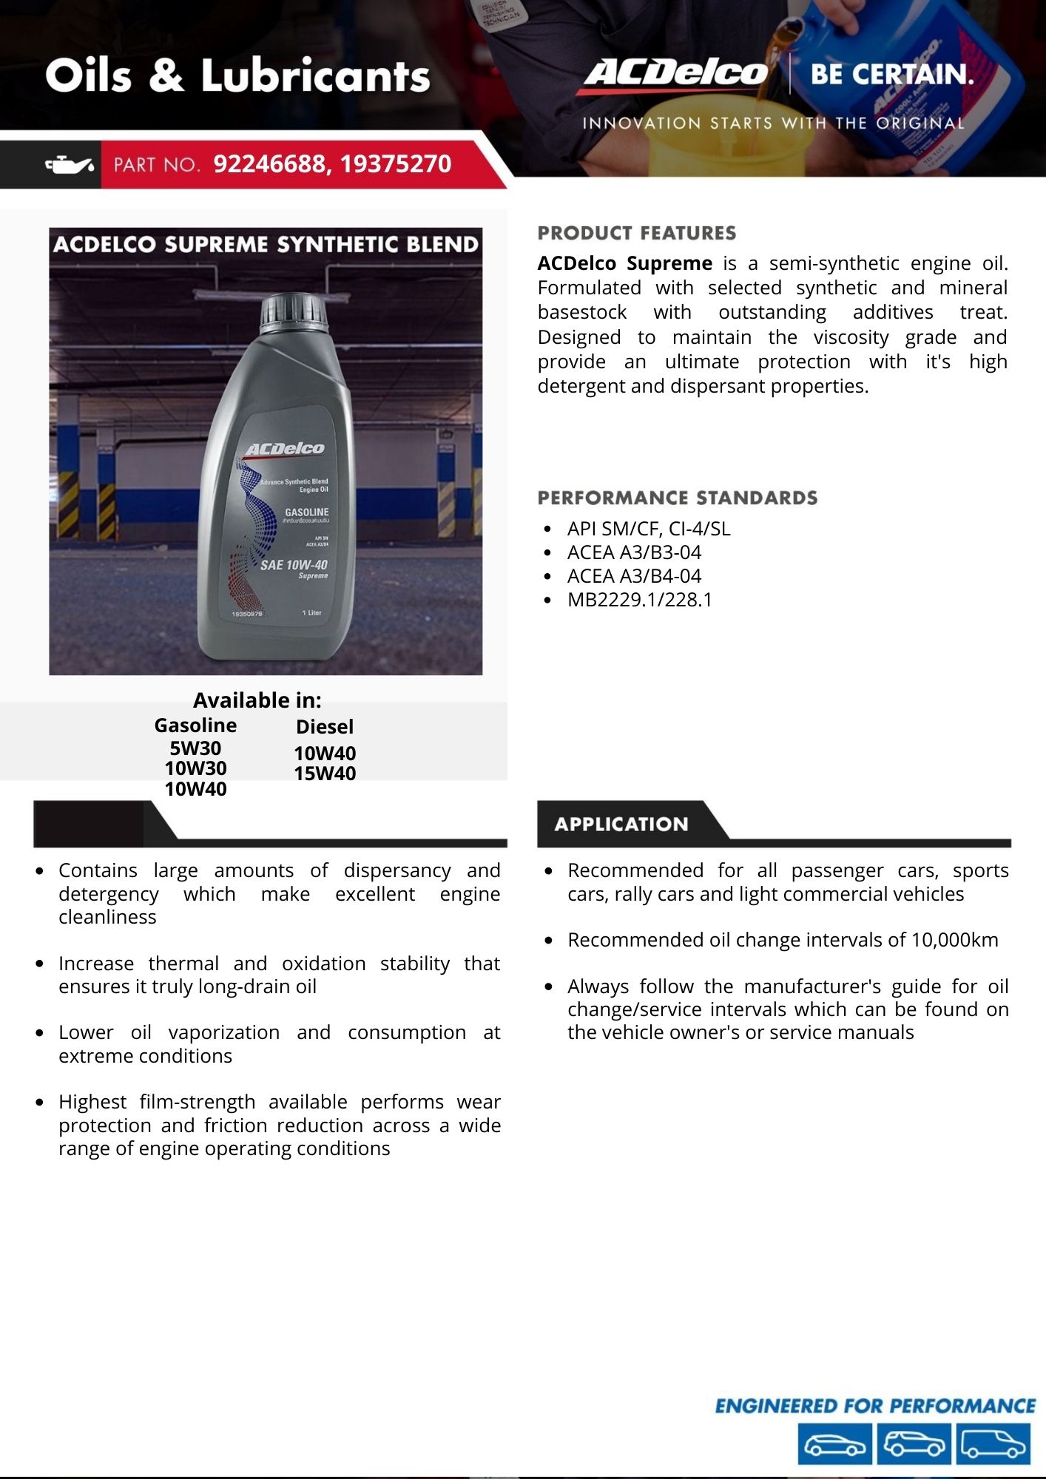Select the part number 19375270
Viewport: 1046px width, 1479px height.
click(x=395, y=164)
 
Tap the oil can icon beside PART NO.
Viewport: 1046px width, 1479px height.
click(x=70, y=165)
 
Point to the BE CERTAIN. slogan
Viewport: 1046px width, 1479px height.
click(x=891, y=75)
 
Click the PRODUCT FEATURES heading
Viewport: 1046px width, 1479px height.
click(x=636, y=233)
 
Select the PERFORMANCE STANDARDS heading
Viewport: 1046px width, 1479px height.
click(x=677, y=498)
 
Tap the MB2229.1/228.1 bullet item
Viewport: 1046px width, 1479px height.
click(x=639, y=600)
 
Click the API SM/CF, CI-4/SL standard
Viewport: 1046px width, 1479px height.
click(x=648, y=529)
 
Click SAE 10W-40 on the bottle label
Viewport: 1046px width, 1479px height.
click(x=294, y=565)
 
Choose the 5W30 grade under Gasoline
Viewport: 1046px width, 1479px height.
click(x=195, y=748)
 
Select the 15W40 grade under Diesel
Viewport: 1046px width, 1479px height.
click(x=325, y=774)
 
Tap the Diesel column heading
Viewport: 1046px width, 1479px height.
click(x=325, y=727)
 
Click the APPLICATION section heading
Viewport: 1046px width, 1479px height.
click(x=621, y=824)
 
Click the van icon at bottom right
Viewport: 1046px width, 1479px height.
click(x=992, y=1444)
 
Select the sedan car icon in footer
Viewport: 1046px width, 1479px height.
click(x=834, y=1444)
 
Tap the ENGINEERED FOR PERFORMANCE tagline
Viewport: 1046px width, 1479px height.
click(x=874, y=1406)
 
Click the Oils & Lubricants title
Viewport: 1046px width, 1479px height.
click(x=237, y=76)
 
